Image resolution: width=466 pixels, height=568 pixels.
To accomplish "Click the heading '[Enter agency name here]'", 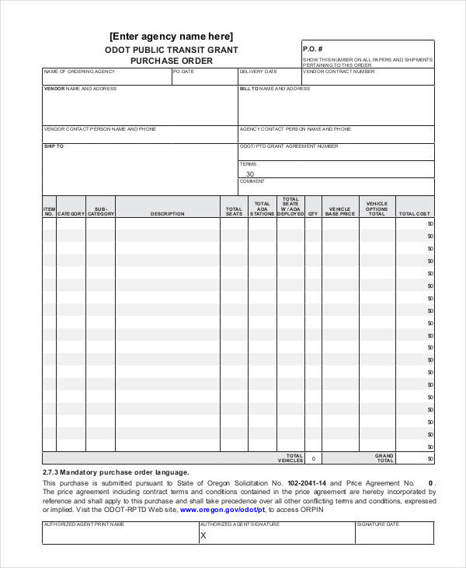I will pos(171,37).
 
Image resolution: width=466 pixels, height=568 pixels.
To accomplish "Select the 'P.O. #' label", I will pos(311,48).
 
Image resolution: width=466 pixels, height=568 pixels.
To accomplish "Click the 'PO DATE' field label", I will pos(184,72).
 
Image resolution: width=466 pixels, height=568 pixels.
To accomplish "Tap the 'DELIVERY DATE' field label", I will pos(258,72).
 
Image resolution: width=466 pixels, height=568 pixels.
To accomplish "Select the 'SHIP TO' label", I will pos(54,146).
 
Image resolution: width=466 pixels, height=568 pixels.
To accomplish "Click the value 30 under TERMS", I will pos(249,174).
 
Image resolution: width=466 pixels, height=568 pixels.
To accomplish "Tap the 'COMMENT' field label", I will pos(252,181).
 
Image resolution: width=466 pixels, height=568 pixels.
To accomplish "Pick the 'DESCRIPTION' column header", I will pos(167,214).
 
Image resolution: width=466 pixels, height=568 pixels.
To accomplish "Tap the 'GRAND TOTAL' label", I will pos(384,458).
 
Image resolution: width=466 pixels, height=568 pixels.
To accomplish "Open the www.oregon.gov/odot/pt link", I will pos(222,510).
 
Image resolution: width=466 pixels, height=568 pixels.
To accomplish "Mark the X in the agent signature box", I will pos(203,535).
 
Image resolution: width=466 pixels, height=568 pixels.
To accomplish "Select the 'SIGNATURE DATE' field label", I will pos(378,524).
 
